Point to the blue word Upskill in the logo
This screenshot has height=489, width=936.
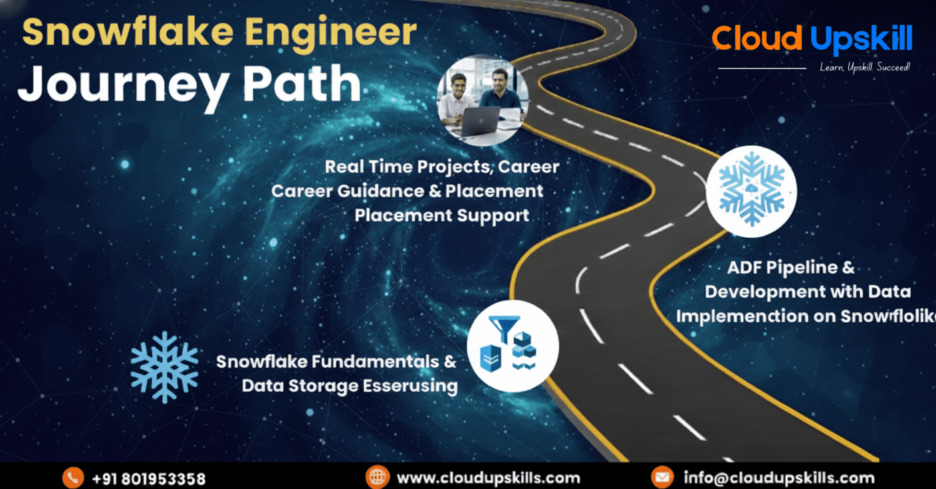[x=862, y=40]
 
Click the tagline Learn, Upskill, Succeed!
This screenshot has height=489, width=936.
[x=865, y=67]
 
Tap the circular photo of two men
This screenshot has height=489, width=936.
[x=483, y=99]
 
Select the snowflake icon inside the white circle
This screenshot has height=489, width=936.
[x=751, y=188]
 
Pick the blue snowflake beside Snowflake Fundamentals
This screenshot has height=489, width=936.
[x=164, y=367]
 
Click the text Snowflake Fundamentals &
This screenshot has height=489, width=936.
[x=336, y=361]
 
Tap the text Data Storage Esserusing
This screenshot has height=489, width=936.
[x=349, y=385]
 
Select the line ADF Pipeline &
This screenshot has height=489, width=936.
[x=790, y=268]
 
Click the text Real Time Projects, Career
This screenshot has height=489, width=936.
[x=441, y=166]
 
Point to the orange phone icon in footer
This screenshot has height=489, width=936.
[x=72, y=477]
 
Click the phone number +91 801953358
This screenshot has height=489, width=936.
[x=148, y=478]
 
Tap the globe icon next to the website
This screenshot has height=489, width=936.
[x=377, y=477]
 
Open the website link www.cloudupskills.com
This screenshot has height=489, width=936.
[x=488, y=478]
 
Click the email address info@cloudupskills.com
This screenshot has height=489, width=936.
[x=778, y=477]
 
